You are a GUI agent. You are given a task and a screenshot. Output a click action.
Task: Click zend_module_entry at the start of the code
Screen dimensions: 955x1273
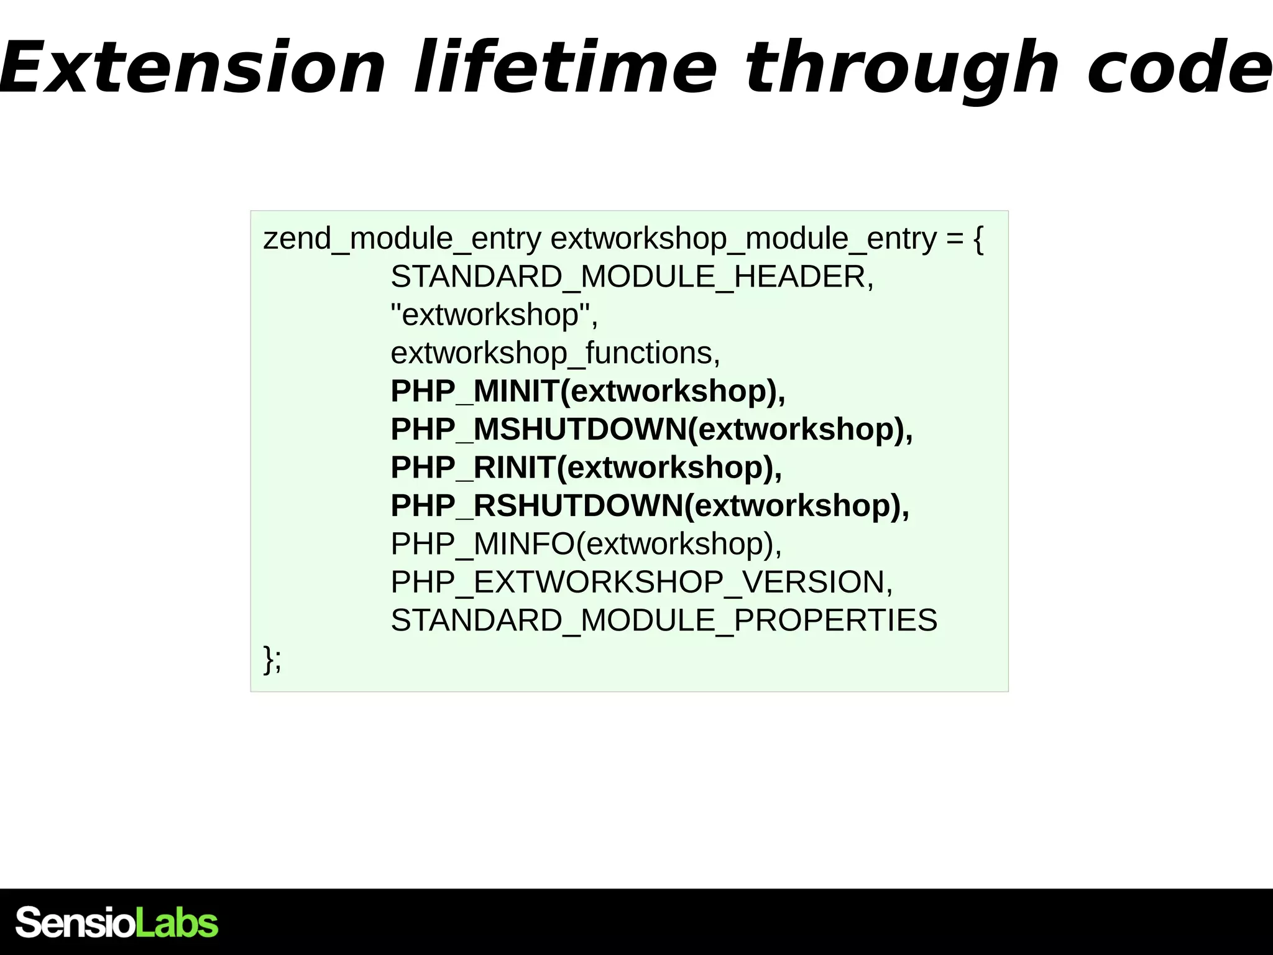(x=402, y=239)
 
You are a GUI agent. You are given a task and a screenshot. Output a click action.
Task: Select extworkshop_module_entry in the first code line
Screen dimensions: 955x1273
(x=743, y=239)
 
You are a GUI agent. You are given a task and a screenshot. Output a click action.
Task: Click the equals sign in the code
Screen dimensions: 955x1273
(x=955, y=239)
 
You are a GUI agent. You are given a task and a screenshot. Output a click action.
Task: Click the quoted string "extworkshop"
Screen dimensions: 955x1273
(x=494, y=315)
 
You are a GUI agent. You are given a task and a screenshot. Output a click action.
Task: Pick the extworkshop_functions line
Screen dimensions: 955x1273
(x=555, y=354)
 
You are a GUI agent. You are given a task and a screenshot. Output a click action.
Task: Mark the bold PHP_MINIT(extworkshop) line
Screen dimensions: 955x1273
(x=588, y=392)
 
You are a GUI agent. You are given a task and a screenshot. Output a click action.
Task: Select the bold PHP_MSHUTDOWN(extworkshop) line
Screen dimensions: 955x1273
(x=651, y=430)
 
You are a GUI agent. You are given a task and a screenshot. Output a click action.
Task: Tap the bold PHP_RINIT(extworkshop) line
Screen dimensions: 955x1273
(x=586, y=468)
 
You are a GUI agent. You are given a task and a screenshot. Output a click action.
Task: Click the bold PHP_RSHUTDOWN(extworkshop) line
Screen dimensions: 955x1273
(x=650, y=506)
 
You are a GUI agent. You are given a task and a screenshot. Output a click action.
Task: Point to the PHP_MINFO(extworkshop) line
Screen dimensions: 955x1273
(x=586, y=545)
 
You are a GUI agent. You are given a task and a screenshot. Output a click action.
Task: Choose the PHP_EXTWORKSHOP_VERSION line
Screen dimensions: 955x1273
(x=641, y=583)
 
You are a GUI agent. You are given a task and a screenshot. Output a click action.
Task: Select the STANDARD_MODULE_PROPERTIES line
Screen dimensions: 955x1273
(x=664, y=621)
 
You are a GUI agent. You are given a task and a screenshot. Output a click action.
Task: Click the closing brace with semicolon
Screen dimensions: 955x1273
(x=272, y=659)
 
